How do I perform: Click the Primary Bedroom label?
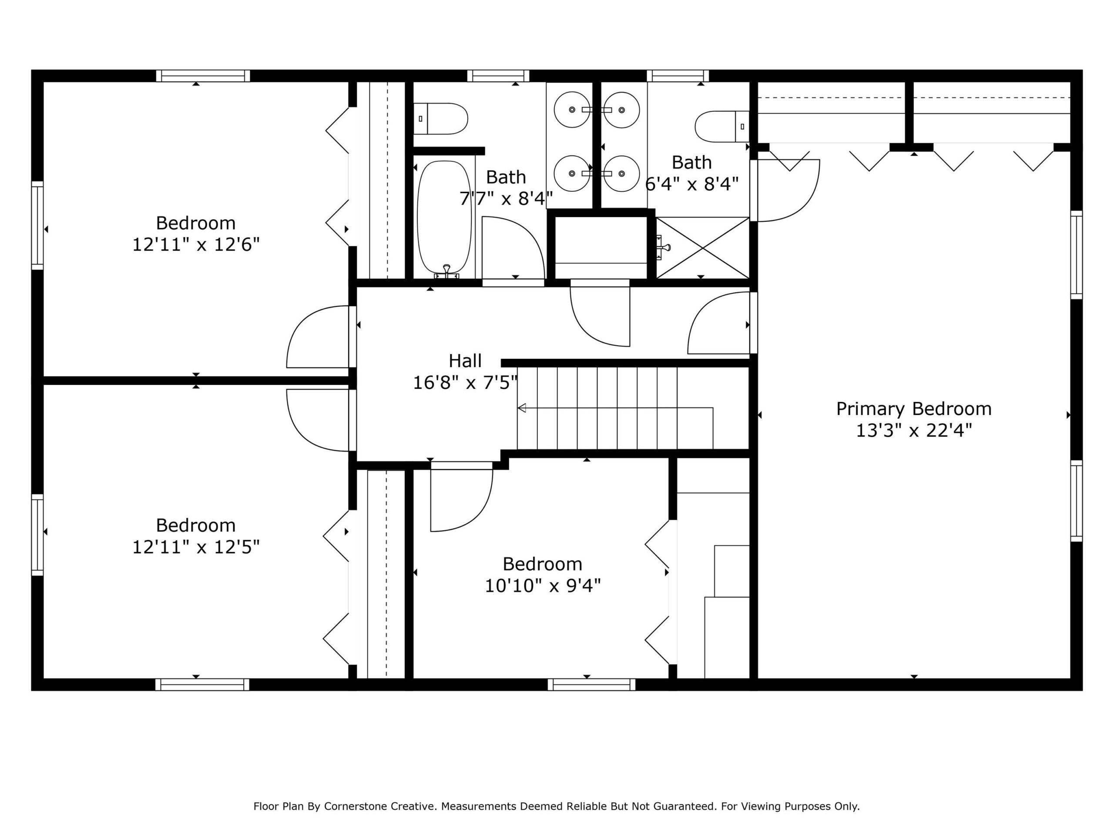913,409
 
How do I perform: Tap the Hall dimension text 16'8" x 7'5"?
465,383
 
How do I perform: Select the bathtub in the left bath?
445,218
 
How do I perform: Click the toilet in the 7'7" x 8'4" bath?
441,119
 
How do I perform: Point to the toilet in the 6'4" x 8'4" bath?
722,126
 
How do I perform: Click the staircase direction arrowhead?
522,407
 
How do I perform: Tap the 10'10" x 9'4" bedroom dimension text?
542,585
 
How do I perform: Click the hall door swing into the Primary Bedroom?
719,323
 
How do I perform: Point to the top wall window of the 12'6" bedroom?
203,76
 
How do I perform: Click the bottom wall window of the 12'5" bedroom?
202,685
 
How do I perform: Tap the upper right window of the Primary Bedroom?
1076,255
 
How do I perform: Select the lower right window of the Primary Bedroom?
1076,501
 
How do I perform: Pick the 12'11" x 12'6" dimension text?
196,244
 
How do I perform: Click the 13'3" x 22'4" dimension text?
913,431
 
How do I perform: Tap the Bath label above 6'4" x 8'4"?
691,163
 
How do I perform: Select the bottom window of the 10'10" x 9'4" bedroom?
592,685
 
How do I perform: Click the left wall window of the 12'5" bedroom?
38,534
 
